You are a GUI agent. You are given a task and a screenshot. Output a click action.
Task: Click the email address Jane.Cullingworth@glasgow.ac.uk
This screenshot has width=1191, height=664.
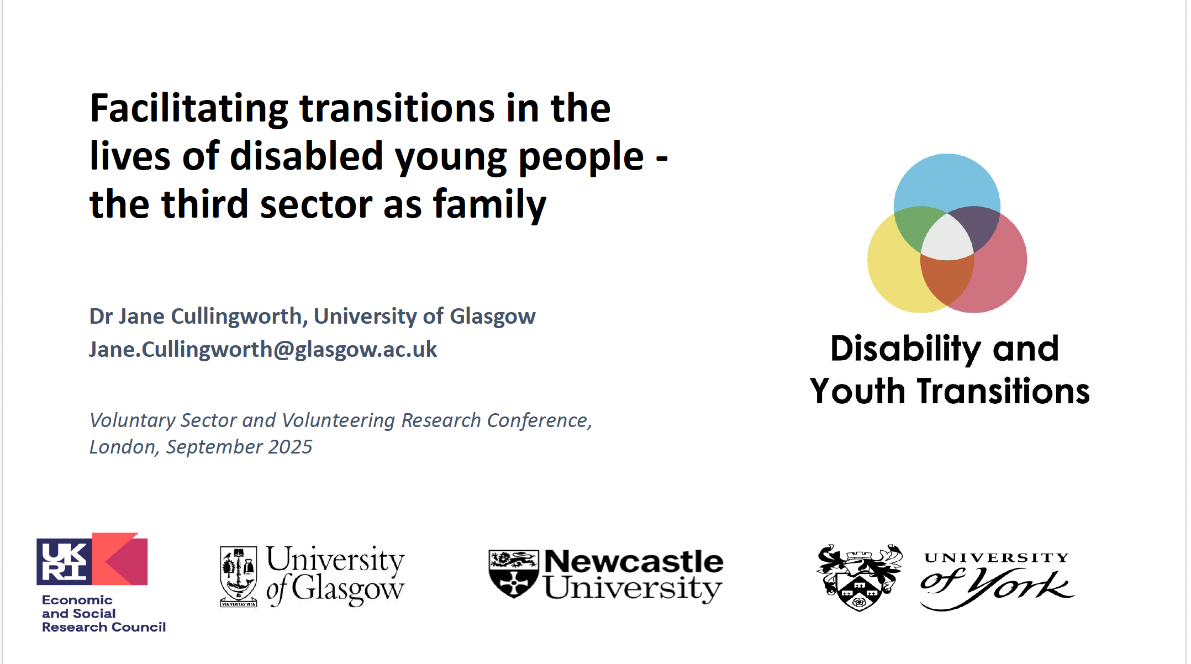263,350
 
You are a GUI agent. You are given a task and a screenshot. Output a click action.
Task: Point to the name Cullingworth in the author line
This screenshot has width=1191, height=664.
236,317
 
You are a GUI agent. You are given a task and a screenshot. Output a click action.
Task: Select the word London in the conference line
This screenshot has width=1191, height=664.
122,447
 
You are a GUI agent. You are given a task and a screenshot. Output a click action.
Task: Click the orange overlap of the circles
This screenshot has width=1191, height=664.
946,279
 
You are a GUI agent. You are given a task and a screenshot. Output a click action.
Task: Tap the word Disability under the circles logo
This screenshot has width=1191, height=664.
905,349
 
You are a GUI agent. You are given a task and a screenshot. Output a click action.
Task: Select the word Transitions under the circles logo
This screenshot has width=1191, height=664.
1003,391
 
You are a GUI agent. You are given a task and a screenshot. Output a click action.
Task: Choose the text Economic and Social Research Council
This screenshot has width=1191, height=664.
103,614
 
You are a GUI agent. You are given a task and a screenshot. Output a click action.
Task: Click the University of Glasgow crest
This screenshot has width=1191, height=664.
239,576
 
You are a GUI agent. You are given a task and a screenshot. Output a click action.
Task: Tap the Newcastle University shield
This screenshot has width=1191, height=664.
513,573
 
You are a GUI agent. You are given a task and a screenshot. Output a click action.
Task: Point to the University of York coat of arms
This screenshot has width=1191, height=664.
859,577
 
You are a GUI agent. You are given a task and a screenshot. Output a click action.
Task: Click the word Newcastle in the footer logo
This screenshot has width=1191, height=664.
633,562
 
